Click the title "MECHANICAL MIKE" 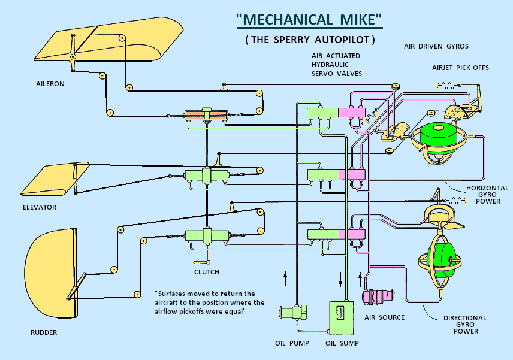pos(309,19)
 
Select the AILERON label pos(50,84)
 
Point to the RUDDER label pos(44,332)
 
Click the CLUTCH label pos(206,272)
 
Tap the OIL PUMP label pos(292,343)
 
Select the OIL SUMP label pos(342,343)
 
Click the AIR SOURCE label pos(385,317)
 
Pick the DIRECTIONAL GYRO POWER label pos(464,325)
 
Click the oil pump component pos(292,312)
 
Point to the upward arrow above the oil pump pos(286,279)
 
